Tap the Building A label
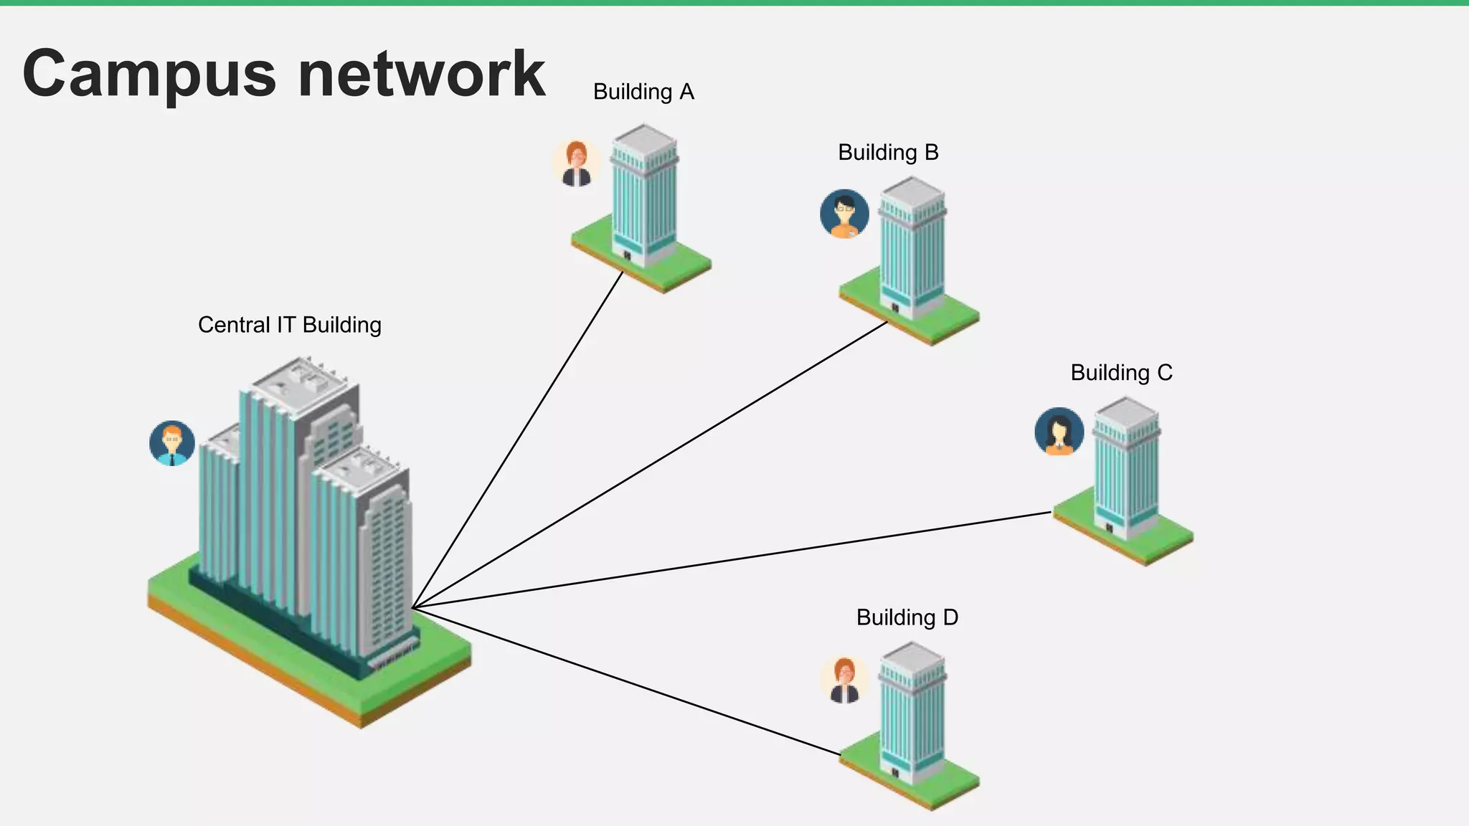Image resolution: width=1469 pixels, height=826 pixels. point(643,92)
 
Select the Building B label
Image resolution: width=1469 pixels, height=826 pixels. point(888,153)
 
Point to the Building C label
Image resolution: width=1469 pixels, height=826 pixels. point(1121,373)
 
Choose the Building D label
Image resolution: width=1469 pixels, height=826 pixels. point(907,617)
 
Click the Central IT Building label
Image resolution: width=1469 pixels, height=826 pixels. point(289,325)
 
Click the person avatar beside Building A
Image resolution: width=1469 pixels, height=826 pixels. point(576,163)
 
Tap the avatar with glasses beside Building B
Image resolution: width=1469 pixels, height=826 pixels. point(844,214)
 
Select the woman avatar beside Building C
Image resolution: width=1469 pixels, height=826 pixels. point(1059,432)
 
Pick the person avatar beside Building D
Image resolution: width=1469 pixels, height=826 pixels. point(844,679)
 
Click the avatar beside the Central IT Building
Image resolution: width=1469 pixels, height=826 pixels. point(172,443)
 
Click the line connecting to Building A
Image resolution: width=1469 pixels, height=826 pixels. point(518,439)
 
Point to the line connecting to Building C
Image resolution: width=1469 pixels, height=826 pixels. point(732,560)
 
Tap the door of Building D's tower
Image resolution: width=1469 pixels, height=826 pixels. point(894,773)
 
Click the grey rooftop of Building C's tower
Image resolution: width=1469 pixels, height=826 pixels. point(1127,412)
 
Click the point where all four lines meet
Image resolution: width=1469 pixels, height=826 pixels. point(414,608)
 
